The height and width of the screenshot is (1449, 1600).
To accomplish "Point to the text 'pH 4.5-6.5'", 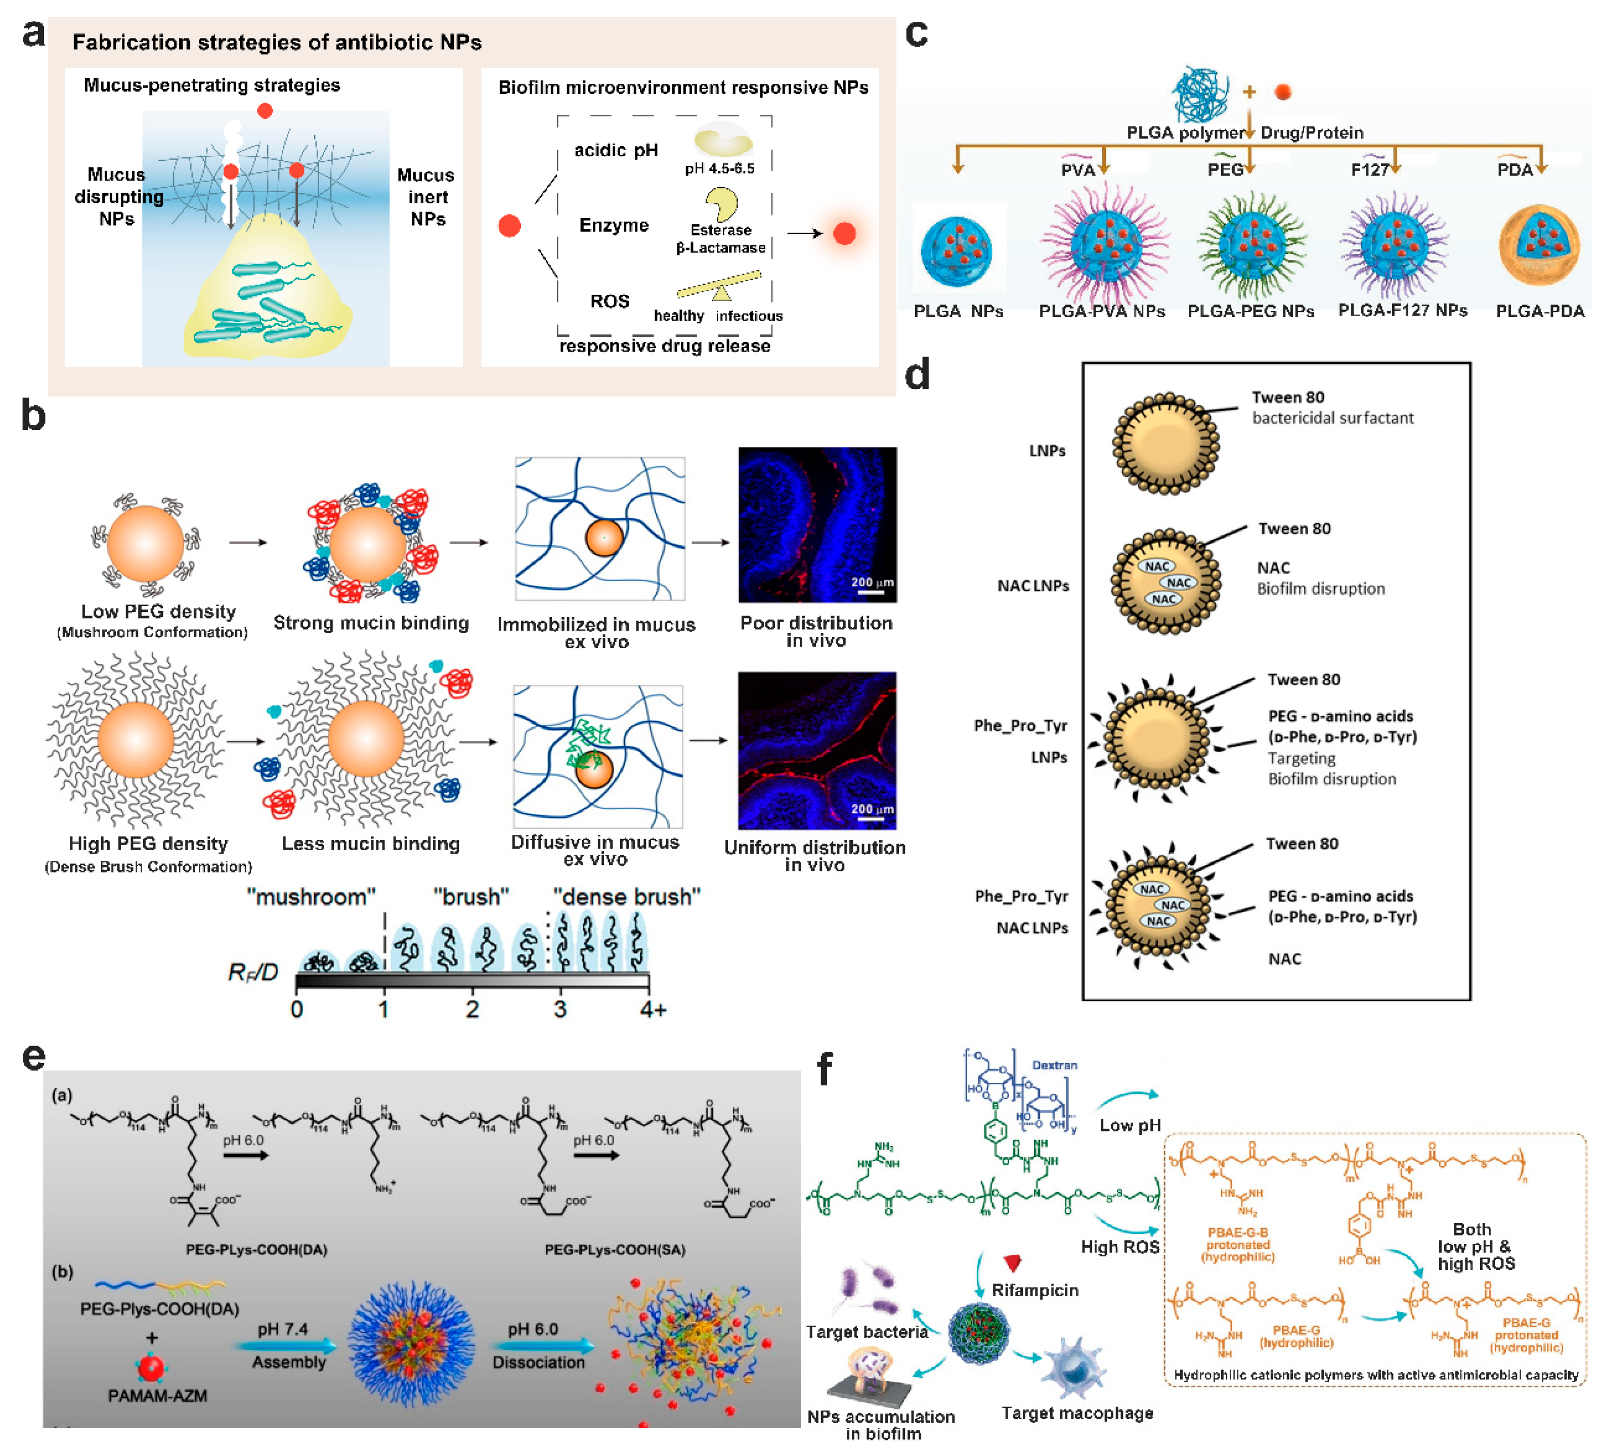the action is pyautogui.click(x=719, y=168).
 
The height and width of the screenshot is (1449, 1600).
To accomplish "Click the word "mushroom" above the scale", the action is pyautogui.click(x=311, y=897).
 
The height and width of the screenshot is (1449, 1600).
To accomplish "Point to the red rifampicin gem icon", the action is pyautogui.click(x=1012, y=1262).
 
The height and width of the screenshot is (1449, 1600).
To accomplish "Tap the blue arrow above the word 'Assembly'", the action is pyautogui.click(x=286, y=1346).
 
